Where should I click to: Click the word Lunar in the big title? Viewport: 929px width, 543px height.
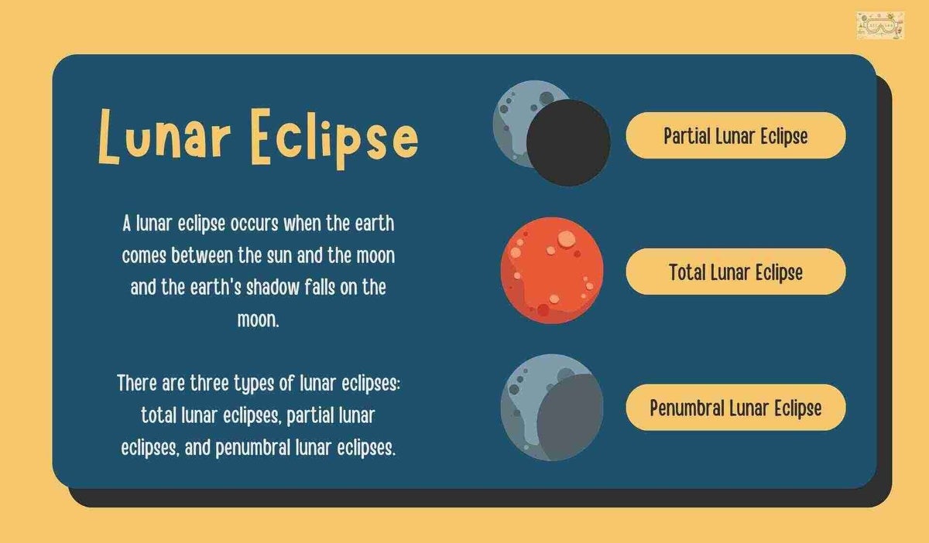(165, 136)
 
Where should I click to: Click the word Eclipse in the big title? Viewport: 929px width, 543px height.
(334, 139)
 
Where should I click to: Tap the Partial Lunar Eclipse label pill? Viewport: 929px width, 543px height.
(735, 135)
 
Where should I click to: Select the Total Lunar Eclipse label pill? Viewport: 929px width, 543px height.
(735, 271)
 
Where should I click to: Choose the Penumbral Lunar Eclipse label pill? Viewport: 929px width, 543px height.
(735, 408)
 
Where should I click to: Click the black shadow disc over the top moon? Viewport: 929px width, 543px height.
(568, 142)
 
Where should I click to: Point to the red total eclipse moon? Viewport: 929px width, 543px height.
(552, 270)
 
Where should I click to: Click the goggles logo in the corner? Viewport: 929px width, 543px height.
(880, 26)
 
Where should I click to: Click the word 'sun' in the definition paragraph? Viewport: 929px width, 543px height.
(280, 255)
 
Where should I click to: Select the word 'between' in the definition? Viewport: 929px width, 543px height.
(202, 255)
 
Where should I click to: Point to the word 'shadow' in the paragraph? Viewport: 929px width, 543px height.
(273, 287)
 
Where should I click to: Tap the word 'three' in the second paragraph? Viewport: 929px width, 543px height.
(210, 383)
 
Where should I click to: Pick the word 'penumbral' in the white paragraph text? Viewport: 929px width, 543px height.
(252, 448)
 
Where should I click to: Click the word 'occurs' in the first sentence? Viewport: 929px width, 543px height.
(254, 224)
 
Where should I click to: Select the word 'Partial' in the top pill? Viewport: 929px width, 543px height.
(686, 136)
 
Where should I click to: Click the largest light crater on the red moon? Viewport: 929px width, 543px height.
(567, 239)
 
